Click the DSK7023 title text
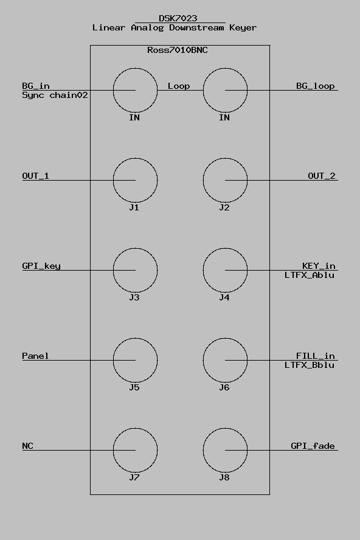coord(178,18)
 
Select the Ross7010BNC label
coord(178,50)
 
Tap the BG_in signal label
coord(36,86)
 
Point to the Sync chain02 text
coord(55,95)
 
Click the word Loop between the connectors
coord(179,86)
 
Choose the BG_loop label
coord(316,86)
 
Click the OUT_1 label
coord(35,176)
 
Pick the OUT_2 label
coord(322,176)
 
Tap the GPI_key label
coord(41,266)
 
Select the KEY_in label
coord(319,266)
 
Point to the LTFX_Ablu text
coord(310,275)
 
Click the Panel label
coord(35,356)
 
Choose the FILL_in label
coord(316,356)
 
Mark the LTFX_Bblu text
coord(310,365)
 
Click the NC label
coord(27,446)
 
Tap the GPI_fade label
coord(313,446)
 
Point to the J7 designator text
coord(134,477)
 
